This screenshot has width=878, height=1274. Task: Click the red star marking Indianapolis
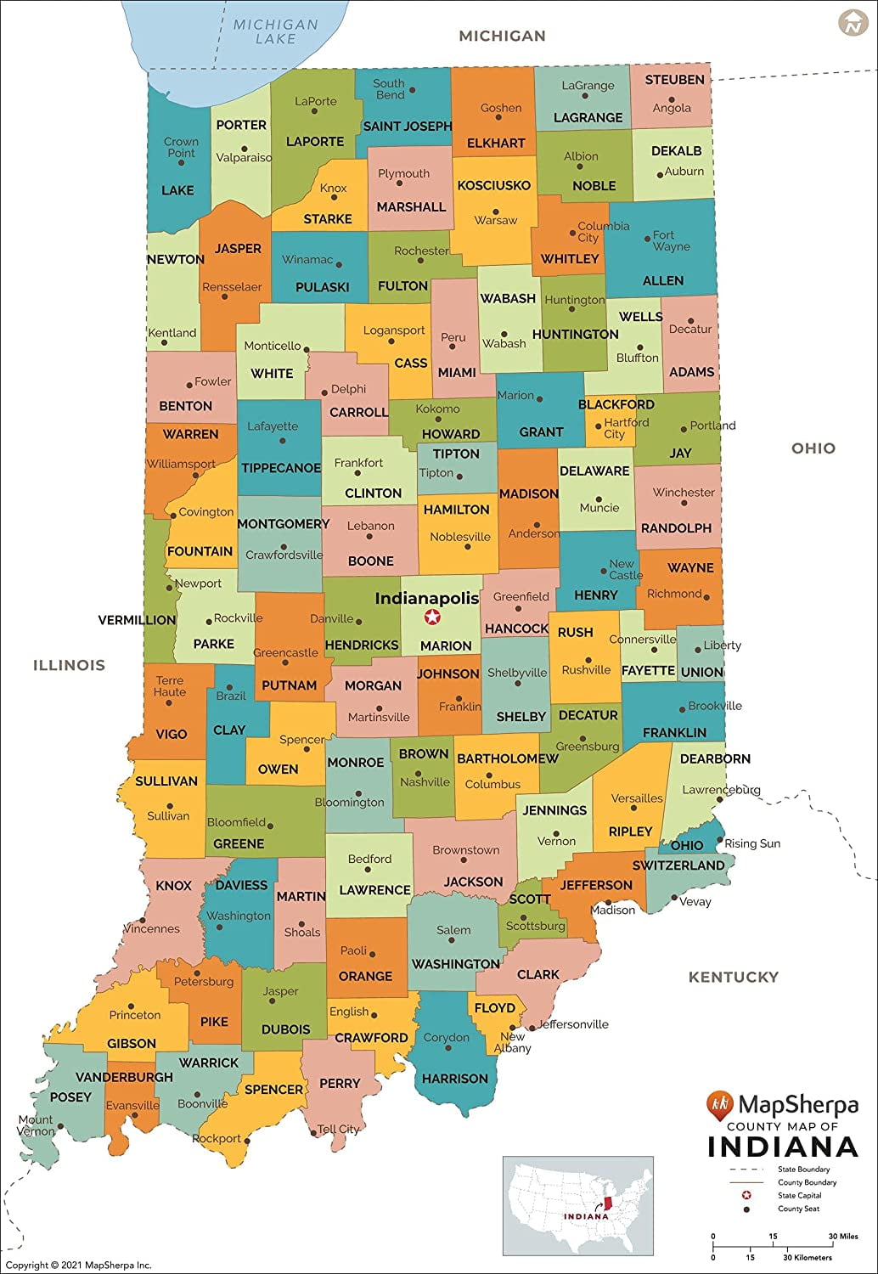432,617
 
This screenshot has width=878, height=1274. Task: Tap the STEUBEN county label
674,80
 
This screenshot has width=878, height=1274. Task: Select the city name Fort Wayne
671,240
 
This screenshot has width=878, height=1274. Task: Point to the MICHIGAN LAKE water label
275,31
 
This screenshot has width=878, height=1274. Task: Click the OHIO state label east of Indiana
813,448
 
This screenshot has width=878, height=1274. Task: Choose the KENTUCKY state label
733,977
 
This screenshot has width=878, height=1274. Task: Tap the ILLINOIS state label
69,665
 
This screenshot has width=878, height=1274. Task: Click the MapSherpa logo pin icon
719,1104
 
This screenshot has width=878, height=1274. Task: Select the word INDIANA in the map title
782,1147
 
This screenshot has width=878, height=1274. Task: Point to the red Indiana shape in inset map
607,1204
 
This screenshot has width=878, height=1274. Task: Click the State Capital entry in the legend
799,1195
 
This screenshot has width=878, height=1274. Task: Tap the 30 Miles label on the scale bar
843,1237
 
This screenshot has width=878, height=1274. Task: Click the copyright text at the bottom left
78,1266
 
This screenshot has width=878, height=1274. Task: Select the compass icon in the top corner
852,23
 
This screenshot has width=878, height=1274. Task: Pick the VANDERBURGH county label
124,1077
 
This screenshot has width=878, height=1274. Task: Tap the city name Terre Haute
170,686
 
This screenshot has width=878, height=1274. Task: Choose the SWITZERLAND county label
678,865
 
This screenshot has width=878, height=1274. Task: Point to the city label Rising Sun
751,843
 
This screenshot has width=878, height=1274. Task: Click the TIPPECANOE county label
281,468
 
